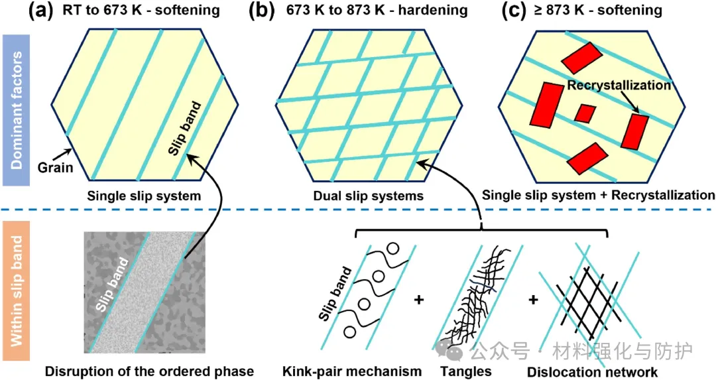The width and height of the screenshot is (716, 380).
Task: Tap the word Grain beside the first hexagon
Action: [55, 168]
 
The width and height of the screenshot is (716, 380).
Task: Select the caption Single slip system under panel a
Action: [145, 196]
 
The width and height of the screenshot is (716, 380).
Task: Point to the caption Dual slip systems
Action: [369, 196]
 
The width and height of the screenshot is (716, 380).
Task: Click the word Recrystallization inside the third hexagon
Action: [619, 85]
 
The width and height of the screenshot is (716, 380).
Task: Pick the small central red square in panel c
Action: [585, 113]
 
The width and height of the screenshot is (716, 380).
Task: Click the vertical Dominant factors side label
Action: [17, 110]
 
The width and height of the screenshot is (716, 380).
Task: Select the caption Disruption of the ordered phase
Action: [149, 371]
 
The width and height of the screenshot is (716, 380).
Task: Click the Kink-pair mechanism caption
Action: [352, 371]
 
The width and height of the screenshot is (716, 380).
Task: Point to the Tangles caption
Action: [466, 371]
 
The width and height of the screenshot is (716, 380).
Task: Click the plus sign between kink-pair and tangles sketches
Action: [418, 300]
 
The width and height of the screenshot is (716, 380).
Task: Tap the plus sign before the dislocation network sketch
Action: [533, 300]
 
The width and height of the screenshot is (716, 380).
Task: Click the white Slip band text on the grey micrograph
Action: [112, 285]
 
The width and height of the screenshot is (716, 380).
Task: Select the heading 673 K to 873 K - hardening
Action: [377, 10]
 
